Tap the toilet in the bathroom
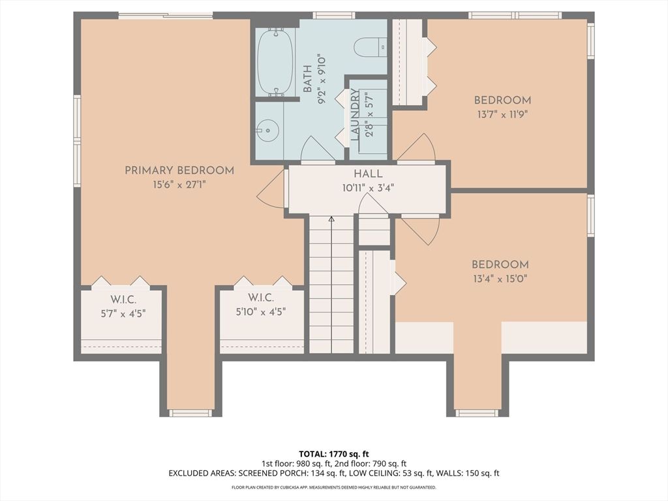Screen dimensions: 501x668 [x=370, y=46]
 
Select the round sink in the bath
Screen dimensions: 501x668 [x=266, y=130]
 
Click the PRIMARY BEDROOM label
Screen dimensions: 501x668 [x=179, y=170]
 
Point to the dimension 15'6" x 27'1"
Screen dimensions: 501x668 [x=179, y=185]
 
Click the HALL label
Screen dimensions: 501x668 [x=368, y=174]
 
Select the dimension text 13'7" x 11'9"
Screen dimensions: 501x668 [x=502, y=113]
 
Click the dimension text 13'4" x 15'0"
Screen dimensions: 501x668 [x=500, y=278]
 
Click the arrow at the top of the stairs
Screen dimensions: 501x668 [x=331, y=219]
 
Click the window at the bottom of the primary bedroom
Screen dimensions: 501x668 [x=190, y=413]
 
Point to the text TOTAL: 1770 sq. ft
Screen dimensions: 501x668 [x=333, y=453]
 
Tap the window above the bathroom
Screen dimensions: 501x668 [x=333, y=15]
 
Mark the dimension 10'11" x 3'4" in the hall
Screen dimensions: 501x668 [x=368, y=187]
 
